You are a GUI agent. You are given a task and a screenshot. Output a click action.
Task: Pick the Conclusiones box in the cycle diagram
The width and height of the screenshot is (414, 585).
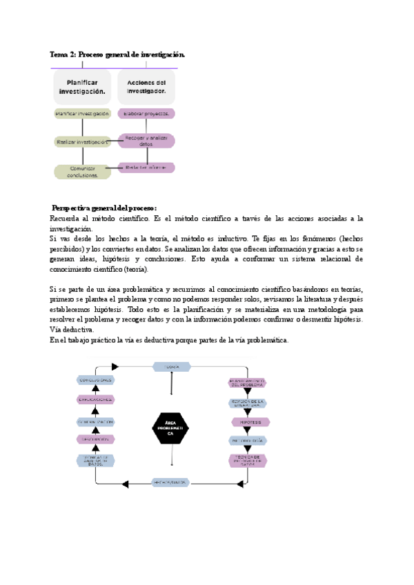tap(96, 380)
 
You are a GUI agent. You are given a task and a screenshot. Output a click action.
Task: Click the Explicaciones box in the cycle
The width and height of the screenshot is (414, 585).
tap(96, 399)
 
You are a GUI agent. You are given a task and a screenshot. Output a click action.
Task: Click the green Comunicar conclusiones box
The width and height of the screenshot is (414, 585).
tap(83, 171)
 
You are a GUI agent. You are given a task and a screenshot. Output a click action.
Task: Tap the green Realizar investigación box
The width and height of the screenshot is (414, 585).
tap(83, 141)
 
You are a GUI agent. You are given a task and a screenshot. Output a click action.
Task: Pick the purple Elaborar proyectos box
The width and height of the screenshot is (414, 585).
tap(146, 113)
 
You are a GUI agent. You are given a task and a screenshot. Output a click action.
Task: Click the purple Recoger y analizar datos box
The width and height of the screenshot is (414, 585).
tap(146, 141)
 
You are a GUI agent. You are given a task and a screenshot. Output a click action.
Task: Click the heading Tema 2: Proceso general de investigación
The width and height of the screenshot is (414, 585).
tap(117, 54)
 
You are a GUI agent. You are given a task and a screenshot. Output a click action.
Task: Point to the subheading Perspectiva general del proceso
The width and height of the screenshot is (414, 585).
tap(105, 208)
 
